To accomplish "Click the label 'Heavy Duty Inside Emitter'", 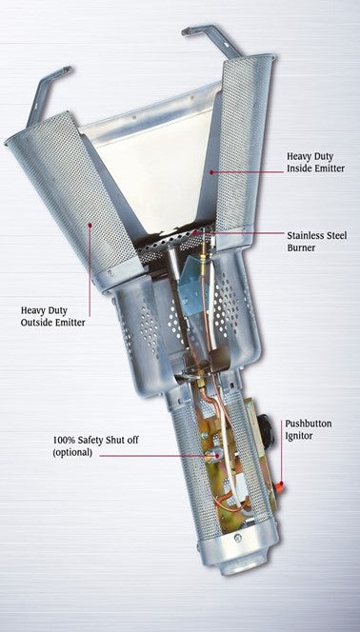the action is click(x=315, y=163).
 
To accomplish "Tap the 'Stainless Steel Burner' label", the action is click(x=317, y=241).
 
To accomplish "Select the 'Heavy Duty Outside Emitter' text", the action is click(x=52, y=316).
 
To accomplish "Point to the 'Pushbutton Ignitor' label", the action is click(x=309, y=429).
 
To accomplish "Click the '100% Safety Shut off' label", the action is click(x=95, y=440).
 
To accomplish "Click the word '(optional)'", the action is click(x=72, y=452).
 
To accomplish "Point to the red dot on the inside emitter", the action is click(x=210, y=172).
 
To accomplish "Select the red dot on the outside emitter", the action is click(x=90, y=225).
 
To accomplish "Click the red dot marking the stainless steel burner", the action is click(x=195, y=232).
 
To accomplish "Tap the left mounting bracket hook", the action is click(x=47, y=92).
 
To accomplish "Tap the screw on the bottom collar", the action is click(x=238, y=537).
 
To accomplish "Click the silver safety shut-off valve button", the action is click(x=212, y=456).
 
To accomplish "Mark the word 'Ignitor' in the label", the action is click(x=299, y=436).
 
